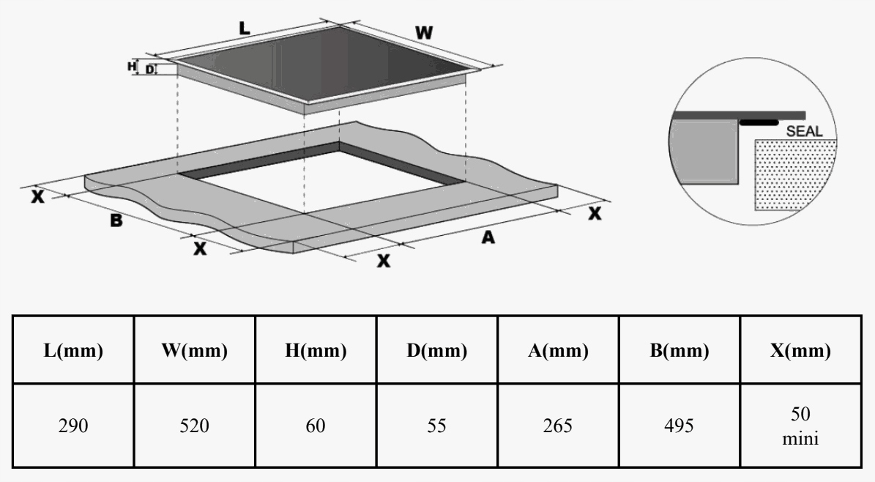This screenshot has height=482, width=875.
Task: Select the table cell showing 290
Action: (73, 425)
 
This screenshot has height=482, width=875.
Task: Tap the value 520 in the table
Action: (195, 425)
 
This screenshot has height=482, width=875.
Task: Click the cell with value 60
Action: (316, 425)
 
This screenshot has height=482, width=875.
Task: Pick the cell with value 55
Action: (437, 425)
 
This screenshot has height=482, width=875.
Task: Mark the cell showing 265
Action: (559, 425)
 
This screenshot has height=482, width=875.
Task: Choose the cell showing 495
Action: (679, 425)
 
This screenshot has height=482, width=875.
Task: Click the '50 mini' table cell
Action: (801, 425)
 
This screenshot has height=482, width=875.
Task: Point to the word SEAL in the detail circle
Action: (804, 132)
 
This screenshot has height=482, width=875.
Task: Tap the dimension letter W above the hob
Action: (422, 33)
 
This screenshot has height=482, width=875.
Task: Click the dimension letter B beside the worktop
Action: (116, 219)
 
